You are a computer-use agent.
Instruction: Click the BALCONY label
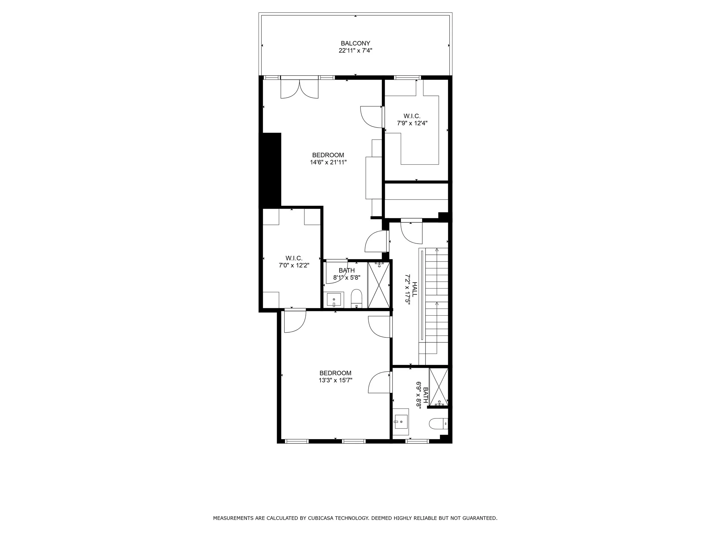point(355,43)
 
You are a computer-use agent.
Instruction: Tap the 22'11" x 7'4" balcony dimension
point(355,50)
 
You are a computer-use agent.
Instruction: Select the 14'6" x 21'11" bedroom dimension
point(328,162)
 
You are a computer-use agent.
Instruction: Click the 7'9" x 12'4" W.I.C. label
point(412,119)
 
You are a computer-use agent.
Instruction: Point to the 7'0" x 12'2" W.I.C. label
point(294,262)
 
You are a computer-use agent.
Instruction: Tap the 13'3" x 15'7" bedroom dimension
point(335,380)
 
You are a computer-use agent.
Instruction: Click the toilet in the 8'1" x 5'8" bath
point(356,298)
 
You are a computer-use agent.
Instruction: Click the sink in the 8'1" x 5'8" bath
point(334,300)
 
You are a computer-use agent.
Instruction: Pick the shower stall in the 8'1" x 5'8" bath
point(378,285)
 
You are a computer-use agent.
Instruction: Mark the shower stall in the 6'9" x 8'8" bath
point(439,387)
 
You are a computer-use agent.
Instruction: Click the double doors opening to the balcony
point(299,89)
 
